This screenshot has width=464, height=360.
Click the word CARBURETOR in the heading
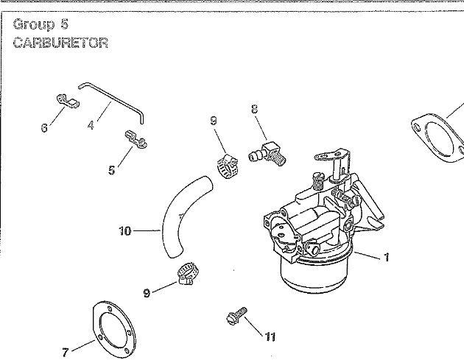[x=60, y=43]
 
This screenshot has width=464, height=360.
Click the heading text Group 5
[x=41, y=24]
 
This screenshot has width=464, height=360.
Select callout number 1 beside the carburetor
[x=386, y=258]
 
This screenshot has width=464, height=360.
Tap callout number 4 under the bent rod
[x=91, y=125]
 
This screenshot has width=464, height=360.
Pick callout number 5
[x=111, y=170]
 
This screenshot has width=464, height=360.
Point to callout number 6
[x=44, y=128]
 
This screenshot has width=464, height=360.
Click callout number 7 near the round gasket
[x=66, y=353]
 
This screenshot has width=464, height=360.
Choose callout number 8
[x=255, y=108]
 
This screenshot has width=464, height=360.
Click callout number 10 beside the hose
[x=124, y=231]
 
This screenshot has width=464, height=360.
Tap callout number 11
[x=270, y=336]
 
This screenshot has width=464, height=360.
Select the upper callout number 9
[x=214, y=121]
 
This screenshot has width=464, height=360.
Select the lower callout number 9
[x=147, y=293]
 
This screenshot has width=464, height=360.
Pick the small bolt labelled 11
[x=236, y=315]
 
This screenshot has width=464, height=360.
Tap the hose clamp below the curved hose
[x=188, y=274]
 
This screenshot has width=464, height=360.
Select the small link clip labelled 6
[x=68, y=101]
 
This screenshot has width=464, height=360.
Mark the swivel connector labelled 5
[x=135, y=139]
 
